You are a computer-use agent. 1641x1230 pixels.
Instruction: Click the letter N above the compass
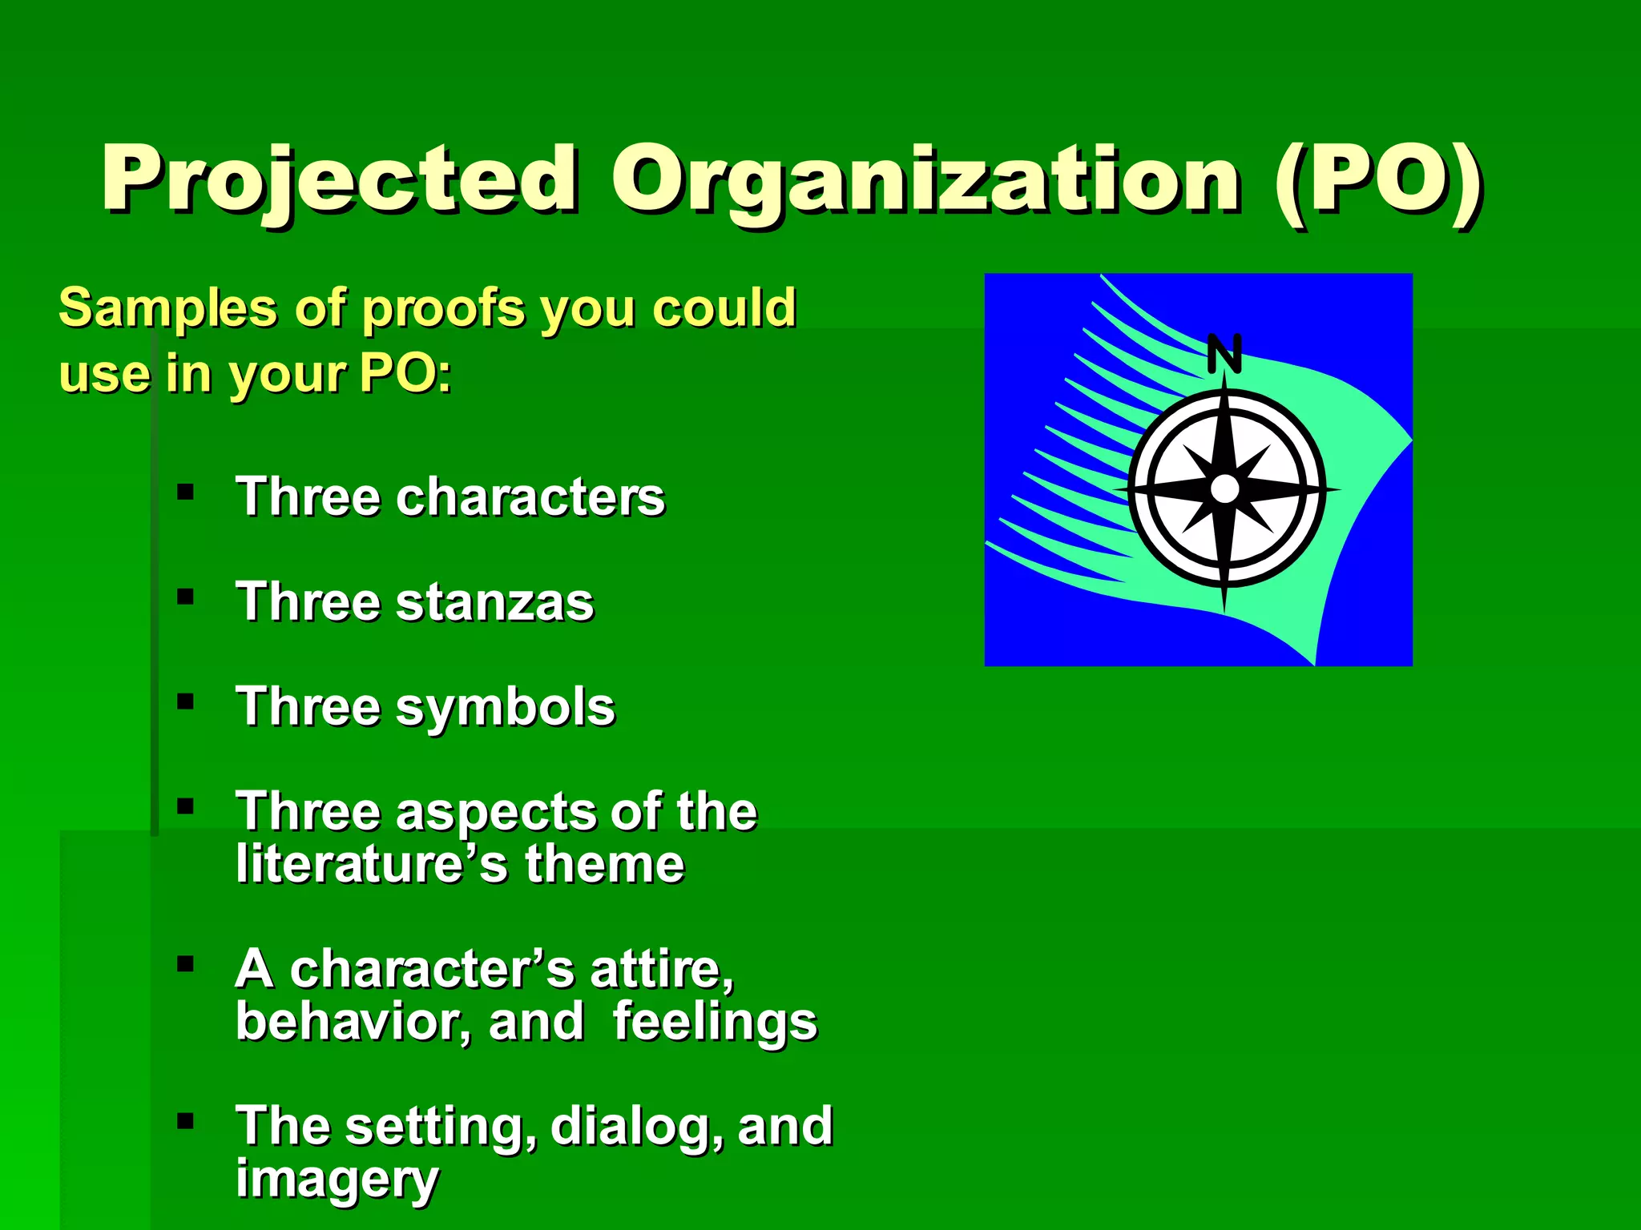(1224, 354)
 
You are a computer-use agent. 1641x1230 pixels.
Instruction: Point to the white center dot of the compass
(1224, 488)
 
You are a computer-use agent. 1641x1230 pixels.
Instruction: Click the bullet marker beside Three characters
(186, 492)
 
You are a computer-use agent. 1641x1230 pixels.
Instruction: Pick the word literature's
(372, 865)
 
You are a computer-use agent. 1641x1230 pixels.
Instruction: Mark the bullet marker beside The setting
(186, 1121)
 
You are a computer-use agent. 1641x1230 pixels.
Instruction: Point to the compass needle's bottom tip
(1224, 610)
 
